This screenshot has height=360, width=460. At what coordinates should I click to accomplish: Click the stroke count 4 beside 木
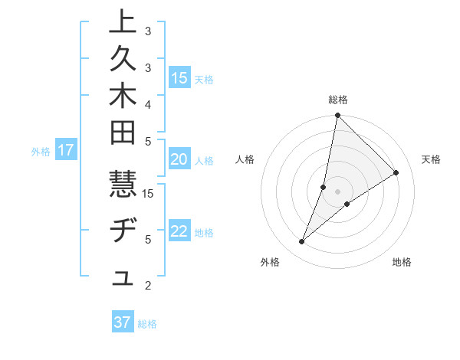147,104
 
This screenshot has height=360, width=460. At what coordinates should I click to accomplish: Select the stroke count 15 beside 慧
149,193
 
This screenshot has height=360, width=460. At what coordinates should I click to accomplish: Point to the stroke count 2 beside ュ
147,286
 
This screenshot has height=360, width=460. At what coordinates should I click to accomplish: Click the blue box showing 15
179,78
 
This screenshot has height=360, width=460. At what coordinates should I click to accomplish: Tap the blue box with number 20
179,159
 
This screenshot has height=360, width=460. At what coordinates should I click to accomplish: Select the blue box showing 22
179,232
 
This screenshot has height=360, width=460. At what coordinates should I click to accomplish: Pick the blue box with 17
66,150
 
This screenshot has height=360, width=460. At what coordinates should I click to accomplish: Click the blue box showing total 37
123,322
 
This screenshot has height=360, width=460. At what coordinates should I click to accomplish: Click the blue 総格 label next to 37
147,324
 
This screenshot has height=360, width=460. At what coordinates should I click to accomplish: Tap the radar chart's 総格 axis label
338,100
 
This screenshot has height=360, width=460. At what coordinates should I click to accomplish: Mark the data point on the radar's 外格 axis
302,242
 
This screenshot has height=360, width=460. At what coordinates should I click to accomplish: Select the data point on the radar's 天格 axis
396,173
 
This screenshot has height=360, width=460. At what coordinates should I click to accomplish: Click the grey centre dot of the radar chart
338,191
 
